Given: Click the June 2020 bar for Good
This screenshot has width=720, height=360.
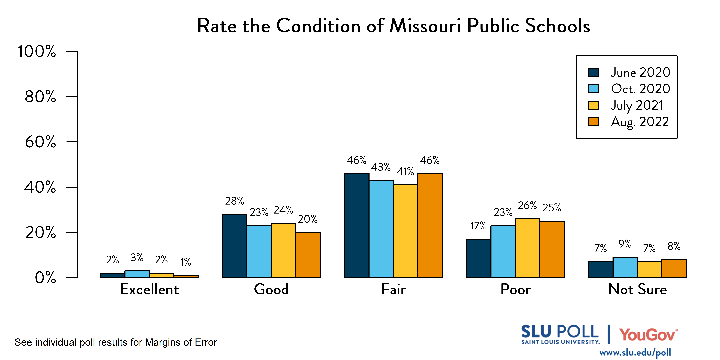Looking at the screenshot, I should pos(235,246).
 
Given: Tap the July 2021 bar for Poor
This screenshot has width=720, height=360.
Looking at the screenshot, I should pos(527,248).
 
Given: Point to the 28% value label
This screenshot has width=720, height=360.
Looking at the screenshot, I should pos(235,201).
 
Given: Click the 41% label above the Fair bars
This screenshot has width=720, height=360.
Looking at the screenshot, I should pos(405,171).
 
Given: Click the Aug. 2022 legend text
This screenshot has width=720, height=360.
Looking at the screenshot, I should pos(640,122).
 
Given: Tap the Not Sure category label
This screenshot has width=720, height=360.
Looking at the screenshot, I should pos(638,289).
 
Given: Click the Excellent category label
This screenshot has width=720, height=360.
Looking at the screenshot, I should pos(149,289).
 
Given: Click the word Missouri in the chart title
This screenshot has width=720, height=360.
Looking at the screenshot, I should pos(425,26).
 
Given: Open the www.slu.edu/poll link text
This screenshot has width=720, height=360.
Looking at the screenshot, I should pos(635,352).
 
